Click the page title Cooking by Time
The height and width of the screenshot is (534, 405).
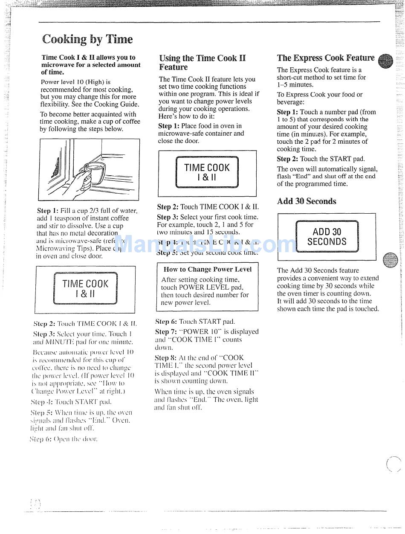pos(87,40)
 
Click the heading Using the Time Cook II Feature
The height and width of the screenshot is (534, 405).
pos(202,62)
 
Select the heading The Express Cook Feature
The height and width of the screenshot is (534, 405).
pos(326,58)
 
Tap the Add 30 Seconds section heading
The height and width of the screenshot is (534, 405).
pos(307,201)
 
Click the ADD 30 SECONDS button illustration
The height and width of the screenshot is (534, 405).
pos(327,237)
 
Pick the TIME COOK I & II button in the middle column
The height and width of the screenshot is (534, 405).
pos(207,172)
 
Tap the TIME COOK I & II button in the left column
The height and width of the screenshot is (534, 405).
pos(85,288)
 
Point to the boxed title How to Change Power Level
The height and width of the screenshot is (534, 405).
pos(208,269)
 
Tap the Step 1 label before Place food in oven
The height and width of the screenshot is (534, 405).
pos(168,126)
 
